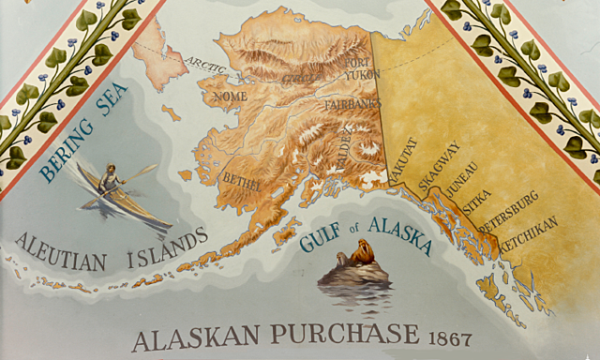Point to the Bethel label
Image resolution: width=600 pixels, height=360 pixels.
[241, 178]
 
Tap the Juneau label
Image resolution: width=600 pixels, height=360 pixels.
[462, 179]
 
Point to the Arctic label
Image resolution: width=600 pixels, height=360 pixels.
[206, 64]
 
